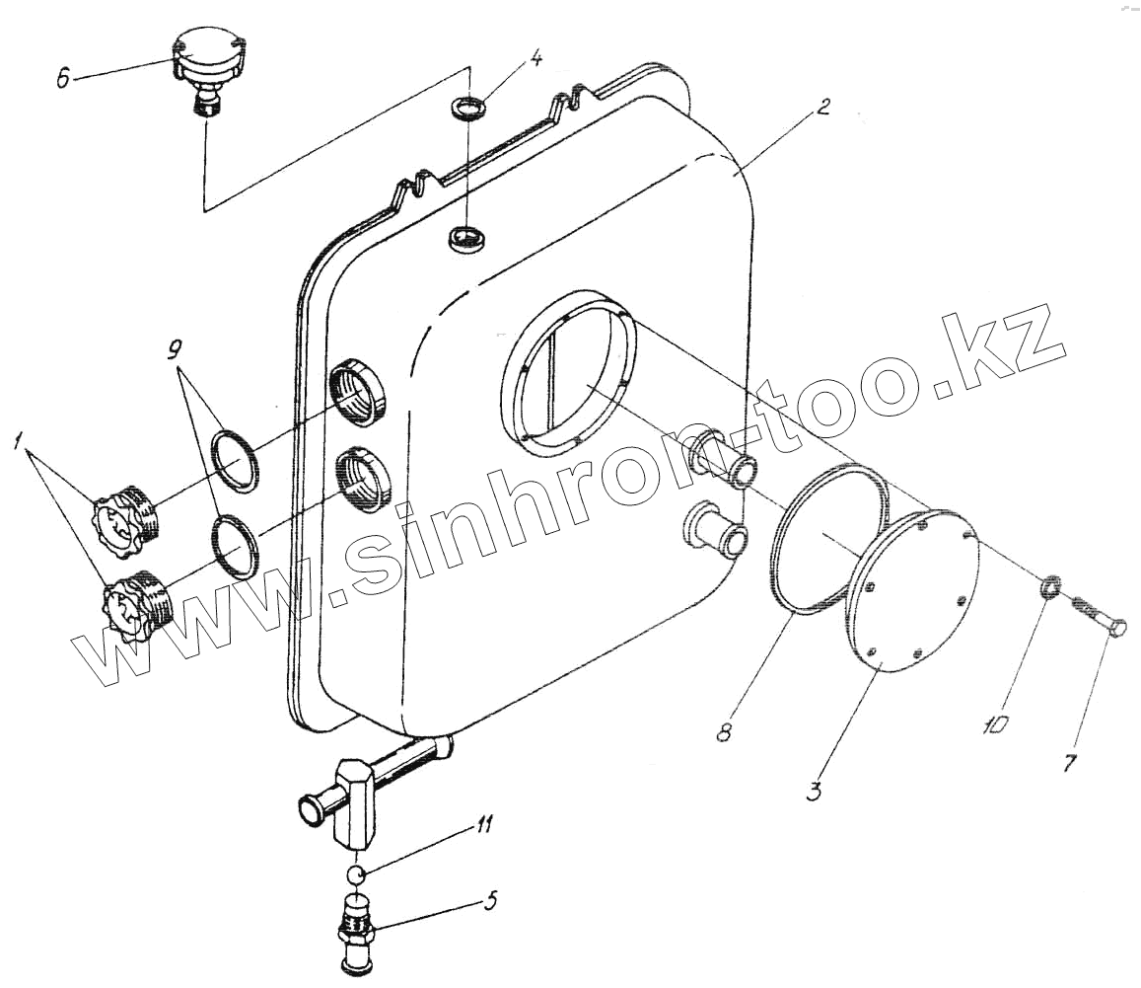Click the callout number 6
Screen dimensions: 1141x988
64,79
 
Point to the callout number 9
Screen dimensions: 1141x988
175,348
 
